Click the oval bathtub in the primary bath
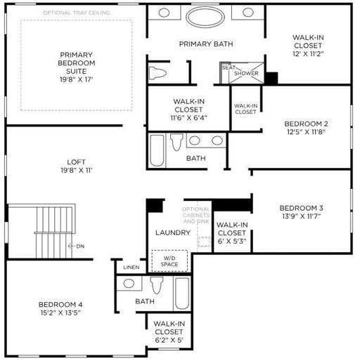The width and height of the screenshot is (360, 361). [x=205, y=17]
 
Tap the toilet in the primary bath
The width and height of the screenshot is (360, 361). [x=157, y=72]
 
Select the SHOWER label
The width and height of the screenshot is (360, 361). [x=246, y=73]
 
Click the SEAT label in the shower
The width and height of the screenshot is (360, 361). [x=229, y=67]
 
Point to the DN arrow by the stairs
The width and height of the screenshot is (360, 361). [x=71, y=246]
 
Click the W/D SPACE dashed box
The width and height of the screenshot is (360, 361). [x=169, y=261]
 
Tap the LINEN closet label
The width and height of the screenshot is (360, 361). [x=131, y=267]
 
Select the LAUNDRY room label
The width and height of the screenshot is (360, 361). [x=173, y=232]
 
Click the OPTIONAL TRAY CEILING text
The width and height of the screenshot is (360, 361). [x=77, y=13]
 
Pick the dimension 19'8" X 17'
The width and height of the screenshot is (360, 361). [x=77, y=79]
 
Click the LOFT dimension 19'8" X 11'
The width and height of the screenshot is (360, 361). [x=77, y=170]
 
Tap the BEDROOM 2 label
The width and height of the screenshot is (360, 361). [x=306, y=124]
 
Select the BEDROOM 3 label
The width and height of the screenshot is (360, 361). [x=302, y=208]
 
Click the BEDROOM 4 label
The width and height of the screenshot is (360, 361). [x=60, y=305]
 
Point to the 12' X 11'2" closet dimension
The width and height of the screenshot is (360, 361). [x=308, y=54]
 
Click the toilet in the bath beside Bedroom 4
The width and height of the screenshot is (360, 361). [x=157, y=285]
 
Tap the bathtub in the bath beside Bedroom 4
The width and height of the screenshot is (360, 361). [x=182, y=294]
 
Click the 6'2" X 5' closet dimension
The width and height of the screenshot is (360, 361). [x=169, y=340]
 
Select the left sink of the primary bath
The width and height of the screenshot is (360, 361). [x=164, y=13]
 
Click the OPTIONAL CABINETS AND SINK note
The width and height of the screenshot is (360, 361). [x=196, y=215]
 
